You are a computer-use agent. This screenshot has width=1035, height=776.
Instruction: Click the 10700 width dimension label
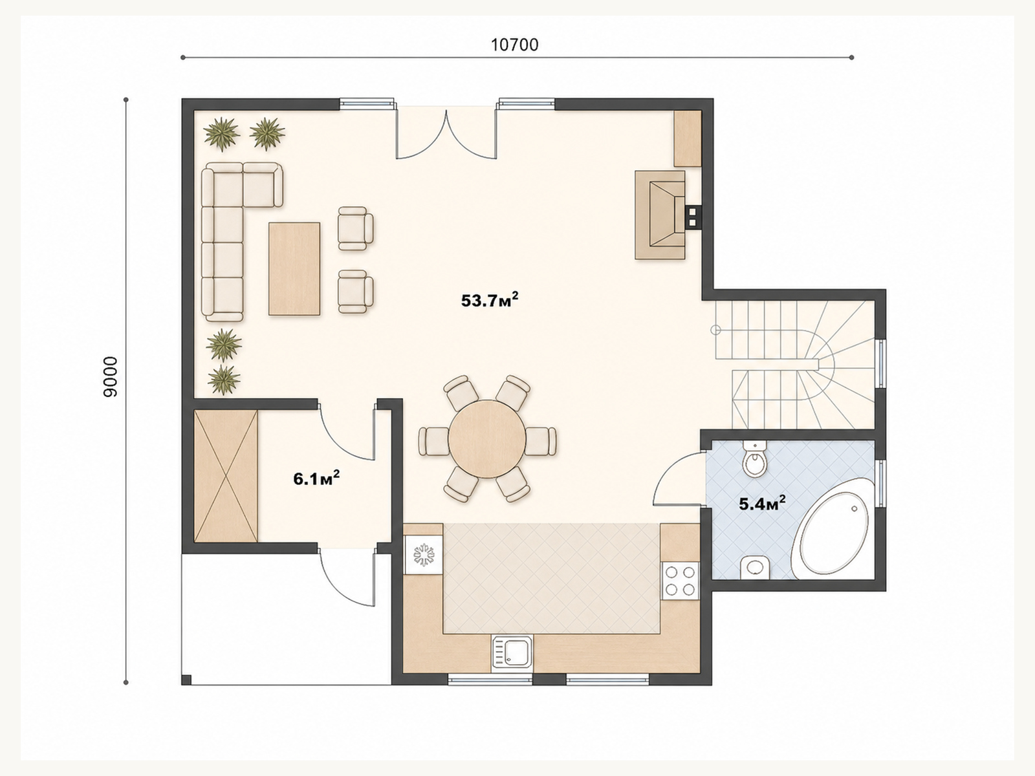[514, 45]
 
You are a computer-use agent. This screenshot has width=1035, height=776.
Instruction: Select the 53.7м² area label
[490, 299]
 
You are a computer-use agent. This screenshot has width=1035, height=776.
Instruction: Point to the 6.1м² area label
[316, 479]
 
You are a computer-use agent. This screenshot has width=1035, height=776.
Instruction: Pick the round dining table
[487, 439]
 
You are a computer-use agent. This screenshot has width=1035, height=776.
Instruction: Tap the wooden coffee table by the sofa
[294, 269]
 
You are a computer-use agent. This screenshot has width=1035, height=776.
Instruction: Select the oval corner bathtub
[833, 530]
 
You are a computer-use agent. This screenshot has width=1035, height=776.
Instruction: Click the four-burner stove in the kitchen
[680, 581]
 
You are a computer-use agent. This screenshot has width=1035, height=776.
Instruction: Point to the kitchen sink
[512, 652]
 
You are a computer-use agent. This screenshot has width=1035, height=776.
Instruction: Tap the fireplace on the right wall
[660, 215]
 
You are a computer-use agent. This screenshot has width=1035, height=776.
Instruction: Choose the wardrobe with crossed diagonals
[226, 476]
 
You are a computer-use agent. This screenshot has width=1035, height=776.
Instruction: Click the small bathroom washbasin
[754, 567]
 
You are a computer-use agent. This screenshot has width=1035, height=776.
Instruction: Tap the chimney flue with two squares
[692, 217]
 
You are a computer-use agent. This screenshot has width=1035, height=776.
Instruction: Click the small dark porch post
[186, 680]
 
